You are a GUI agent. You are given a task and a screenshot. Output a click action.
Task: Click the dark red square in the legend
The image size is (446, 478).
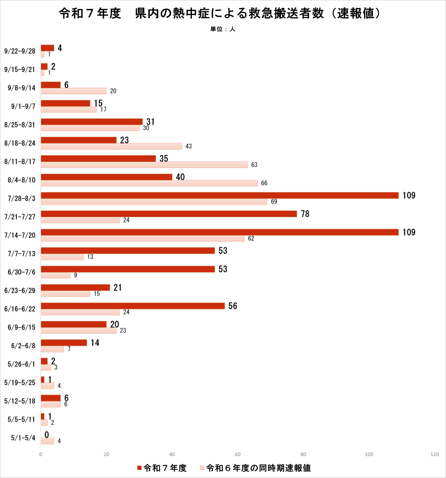139,468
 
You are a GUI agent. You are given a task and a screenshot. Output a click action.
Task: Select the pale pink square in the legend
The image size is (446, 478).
202,468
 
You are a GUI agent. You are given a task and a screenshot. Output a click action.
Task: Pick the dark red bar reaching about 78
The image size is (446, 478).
169,214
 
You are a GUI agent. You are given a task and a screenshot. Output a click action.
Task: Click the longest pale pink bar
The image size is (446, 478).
154,202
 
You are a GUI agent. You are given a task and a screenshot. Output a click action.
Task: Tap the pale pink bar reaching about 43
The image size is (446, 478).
111,146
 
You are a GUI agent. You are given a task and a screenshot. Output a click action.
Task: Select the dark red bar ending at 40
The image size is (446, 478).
106,177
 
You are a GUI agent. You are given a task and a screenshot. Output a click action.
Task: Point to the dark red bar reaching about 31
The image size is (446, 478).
92,121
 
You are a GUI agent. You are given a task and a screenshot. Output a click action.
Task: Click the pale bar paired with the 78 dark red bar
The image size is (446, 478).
80,220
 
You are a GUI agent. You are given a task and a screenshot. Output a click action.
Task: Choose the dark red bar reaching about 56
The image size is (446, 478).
133,306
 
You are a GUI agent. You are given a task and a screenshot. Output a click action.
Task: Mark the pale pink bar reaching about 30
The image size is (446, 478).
90,128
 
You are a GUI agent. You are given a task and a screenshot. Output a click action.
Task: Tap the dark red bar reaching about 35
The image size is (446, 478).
99,158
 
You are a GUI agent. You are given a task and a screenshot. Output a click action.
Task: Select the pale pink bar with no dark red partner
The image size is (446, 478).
47,441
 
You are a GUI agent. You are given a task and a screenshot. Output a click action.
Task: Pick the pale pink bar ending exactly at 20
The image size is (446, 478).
74,91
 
